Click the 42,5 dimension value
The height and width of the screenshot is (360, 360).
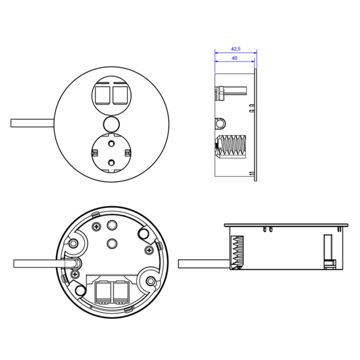(x=235, y=49)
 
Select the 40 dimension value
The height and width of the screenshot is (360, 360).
(x=235, y=58)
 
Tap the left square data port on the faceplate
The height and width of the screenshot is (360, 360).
(x=102, y=95)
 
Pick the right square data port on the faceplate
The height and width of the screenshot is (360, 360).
(x=121, y=95)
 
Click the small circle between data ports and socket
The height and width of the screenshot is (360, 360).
(x=111, y=124)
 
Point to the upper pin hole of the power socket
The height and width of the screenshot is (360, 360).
(x=111, y=144)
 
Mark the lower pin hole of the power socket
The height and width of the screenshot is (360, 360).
(x=111, y=163)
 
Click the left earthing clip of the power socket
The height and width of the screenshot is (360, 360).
(x=95, y=153)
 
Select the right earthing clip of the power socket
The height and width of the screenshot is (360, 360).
(x=128, y=153)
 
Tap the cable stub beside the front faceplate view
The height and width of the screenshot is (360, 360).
(x=32, y=123)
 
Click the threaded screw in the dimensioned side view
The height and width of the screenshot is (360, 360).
(x=230, y=147)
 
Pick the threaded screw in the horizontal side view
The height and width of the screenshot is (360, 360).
(x=237, y=252)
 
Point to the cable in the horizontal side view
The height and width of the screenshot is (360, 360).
(x=204, y=264)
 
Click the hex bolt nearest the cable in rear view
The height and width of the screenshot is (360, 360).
(x=73, y=243)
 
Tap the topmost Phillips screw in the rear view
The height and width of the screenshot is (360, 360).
(x=97, y=227)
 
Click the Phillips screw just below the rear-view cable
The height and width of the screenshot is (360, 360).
(x=75, y=274)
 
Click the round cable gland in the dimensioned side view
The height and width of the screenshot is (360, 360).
(x=220, y=124)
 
